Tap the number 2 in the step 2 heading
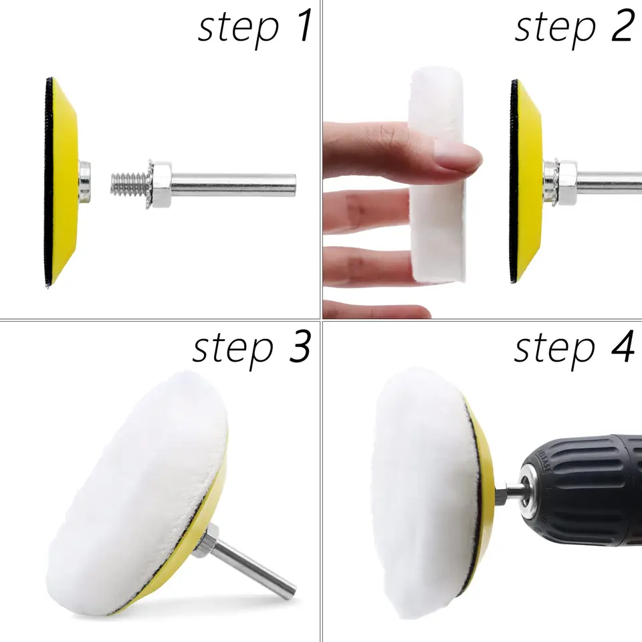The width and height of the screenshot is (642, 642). [623, 26]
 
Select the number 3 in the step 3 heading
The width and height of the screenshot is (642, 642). [300, 346]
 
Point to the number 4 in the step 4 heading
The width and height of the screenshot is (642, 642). [623, 346]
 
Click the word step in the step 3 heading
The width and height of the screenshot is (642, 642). [233, 349]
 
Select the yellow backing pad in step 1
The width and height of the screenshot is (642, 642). [62, 182]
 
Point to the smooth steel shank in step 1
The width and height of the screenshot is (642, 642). [233, 185]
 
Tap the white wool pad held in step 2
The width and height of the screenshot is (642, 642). [437, 176]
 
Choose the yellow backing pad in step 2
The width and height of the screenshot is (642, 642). [526, 181]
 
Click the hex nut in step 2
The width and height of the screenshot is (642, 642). [566, 183]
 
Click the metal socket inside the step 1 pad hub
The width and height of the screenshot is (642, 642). [85, 182]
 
